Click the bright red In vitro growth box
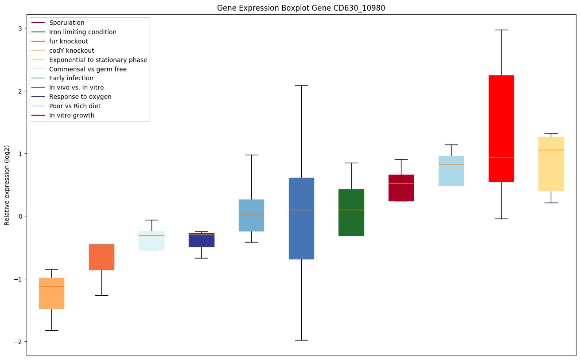[501, 128]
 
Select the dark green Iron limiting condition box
[351, 212]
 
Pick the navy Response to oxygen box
[201, 240]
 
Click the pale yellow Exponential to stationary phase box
[551, 164]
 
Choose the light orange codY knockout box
[51, 293]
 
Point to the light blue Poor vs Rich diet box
[451, 171]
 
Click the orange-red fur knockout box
[101, 257]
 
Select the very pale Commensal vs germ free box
[151, 240]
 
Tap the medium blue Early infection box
[251, 215]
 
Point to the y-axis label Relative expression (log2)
[7, 185]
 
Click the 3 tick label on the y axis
[19, 28]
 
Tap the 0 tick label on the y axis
[19, 216]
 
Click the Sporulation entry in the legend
[67, 23]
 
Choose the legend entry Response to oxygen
[80, 97]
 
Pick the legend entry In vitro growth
[72, 115]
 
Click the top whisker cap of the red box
[501, 30]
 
